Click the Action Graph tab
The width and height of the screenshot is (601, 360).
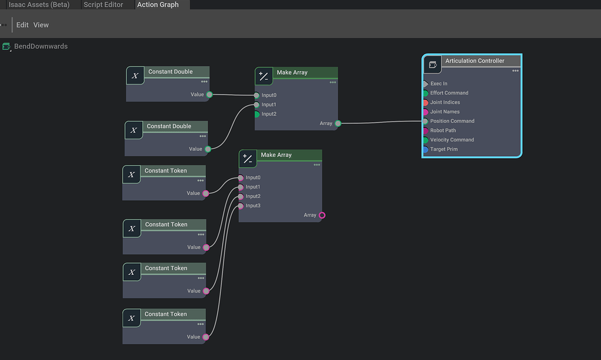[x=158, y=5]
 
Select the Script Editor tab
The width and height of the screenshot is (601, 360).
[x=103, y=5]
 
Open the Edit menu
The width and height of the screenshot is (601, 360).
[x=22, y=25]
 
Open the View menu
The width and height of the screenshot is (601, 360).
[x=41, y=25]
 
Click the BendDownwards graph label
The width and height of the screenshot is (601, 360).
[x=40, y=46]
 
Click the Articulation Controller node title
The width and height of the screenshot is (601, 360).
[x=474, y=61]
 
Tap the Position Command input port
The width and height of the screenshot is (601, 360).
[x=425, y=121]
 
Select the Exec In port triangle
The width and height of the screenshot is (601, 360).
[x=425, y=83]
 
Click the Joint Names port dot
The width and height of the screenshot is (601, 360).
[x=425, y=112]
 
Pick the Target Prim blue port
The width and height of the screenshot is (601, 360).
[x=425, y=149]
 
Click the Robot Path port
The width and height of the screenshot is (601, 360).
[x=425, y=130]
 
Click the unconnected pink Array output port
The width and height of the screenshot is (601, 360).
[x=322, y=216]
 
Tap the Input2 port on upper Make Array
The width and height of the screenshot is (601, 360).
[x=256, y=114]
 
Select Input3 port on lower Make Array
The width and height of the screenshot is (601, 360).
[x=241, y=206]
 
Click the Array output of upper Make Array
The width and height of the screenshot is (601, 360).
[x=337, y=123]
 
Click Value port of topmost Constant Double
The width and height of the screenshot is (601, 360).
[x=209, y=95]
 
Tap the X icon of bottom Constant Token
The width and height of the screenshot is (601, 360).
[x=131, y=318]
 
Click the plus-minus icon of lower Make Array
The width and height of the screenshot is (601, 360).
[x=248, y=159]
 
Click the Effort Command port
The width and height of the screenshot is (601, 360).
[x=425, y=93]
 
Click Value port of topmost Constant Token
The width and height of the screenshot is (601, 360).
[x=205, y=193]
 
